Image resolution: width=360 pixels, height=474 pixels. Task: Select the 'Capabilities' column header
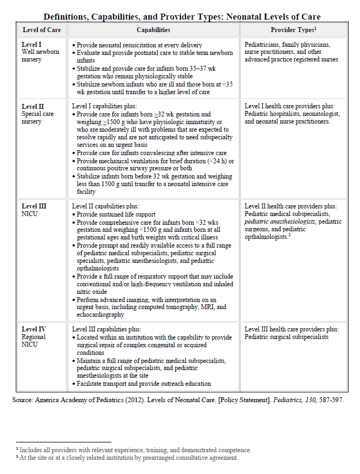[x=153, y=30]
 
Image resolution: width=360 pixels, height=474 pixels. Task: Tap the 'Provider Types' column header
[x=293, y=30]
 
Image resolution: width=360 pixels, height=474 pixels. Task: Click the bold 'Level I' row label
[x=32, y=45]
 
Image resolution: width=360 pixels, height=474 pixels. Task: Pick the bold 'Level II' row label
[x=33, y=107]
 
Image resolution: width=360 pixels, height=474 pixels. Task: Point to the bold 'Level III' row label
[x=34, y=206]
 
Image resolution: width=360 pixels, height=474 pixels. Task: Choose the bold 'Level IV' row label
[x=34, y=329]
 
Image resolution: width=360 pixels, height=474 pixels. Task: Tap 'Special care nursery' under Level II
[x=38, y=118]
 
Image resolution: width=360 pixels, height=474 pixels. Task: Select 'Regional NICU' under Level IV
[x=34, y=341]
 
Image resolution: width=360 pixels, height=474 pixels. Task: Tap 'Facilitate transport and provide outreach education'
[x=144, y=383]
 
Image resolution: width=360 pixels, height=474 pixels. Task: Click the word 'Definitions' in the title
[x=67, y=17]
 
